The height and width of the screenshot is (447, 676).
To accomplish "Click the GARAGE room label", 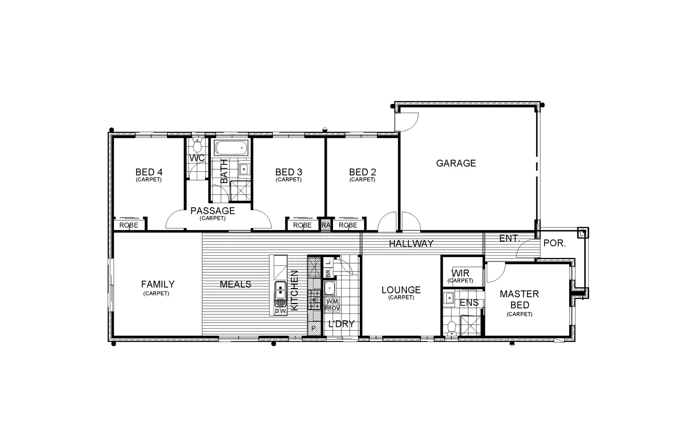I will [x=456, y=163].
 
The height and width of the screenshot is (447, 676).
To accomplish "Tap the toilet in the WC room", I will [x=197, y=146].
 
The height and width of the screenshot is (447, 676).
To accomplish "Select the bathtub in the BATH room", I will [x=231, y=148].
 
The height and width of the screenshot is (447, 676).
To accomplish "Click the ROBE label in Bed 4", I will [x=129, y=225].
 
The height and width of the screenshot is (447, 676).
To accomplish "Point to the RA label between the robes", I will [x=326, y=225].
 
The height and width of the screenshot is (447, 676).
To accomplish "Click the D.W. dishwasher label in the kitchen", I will [x=280, y=311].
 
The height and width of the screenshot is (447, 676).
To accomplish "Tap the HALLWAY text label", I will [x=411, y=243].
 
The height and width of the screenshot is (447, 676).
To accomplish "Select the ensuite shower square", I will [x=471, y=325].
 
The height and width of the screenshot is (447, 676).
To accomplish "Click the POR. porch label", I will [x=554, y=243].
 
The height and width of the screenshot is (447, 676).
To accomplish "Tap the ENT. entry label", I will [x=509, y=238].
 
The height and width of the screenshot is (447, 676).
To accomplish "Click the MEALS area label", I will [x=235, y=284].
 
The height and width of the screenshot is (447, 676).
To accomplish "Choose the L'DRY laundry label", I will [x=341, y=324].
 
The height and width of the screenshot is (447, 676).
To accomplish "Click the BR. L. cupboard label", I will [x=328, y=267].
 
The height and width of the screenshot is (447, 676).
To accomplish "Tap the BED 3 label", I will [x=288, y=172].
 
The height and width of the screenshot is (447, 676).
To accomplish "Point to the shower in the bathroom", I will [x=241, y=191].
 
